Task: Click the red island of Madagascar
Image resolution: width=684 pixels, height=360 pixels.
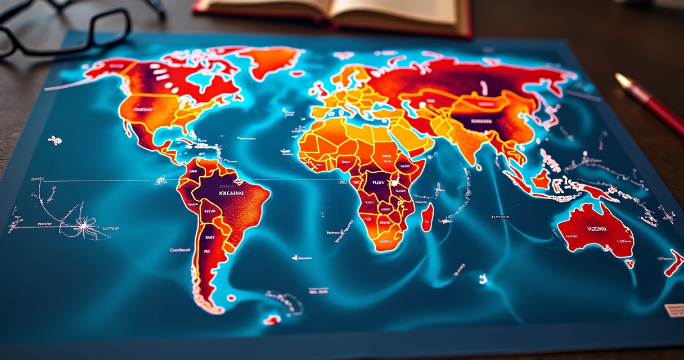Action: (x=427, y=217)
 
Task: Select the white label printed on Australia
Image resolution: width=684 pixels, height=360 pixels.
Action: (x=598, y=229)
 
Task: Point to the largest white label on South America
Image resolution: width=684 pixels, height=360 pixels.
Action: (x=231, y=192)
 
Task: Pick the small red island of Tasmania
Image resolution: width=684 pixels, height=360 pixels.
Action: (x=629, y=263)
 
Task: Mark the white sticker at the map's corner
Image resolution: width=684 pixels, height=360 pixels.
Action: (x=674, y=310)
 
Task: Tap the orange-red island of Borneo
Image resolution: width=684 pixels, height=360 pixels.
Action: (x=542, y=179)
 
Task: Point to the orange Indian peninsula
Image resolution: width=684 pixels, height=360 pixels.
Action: (x=470, y=143)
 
